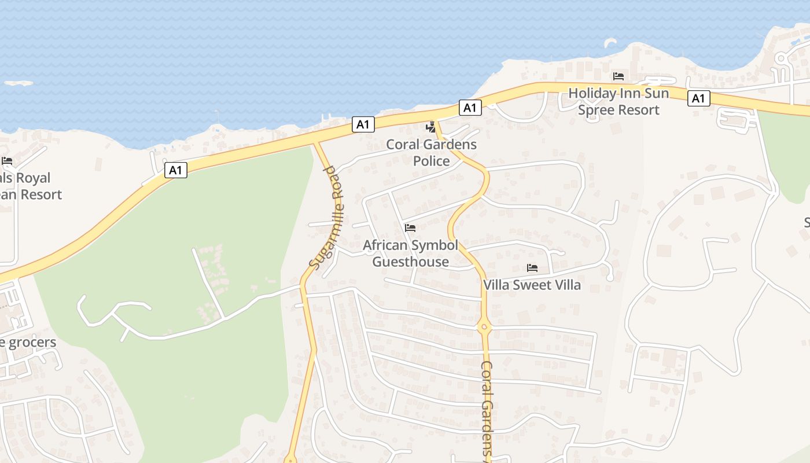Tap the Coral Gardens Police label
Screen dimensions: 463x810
tap(431, 152)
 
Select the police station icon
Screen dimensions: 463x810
tap(430, 127)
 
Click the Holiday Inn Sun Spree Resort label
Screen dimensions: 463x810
tap(618, 101)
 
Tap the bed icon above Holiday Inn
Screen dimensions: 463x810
tap(618, 76)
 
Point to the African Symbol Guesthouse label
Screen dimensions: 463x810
tap(410, 253)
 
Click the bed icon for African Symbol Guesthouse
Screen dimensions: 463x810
tap(410, 227)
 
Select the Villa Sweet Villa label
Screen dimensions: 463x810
tap(532, 285)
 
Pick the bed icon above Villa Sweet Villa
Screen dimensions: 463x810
tap(532, 268)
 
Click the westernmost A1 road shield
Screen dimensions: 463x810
tap(176, 170)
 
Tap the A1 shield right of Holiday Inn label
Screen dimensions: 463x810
tap(698, 98)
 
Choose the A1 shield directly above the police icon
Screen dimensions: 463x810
tap(470, 107)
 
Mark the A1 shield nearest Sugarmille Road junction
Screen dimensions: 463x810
tap(363, 124)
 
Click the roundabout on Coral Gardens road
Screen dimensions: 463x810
tap(484, 328)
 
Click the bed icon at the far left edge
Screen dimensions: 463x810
tap(7, 160)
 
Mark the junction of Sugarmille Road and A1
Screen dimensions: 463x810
tap(315, 142)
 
